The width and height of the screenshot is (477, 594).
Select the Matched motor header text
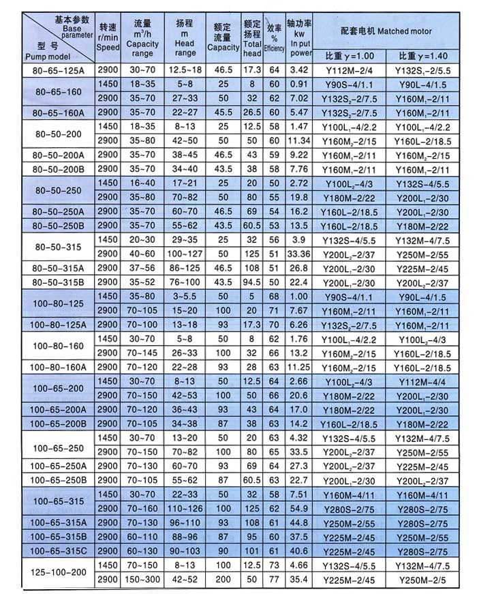(x=386, y=31)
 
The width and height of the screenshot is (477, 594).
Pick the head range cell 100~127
(x=185, y=254)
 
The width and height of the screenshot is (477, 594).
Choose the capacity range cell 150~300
(x=142, y=580)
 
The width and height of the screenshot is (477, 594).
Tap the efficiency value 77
(x=274, y=580)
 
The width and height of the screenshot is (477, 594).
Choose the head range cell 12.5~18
(x=185, y=70)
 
